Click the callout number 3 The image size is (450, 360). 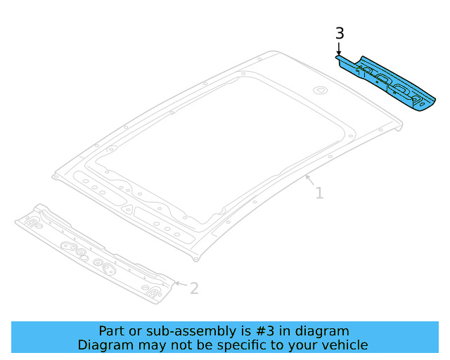340,33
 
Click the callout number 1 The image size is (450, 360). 319,192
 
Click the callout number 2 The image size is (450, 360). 195,288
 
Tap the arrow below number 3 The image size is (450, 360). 339,51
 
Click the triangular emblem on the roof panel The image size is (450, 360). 319,89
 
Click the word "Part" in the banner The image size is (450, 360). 112,331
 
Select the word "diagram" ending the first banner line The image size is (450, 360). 325,331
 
